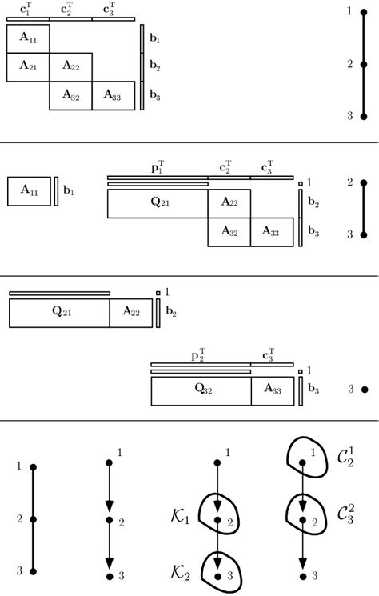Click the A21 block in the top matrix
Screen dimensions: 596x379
point(28,67)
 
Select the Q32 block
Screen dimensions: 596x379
point(201,390)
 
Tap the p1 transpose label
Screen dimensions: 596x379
point(158,169)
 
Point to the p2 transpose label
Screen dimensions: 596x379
point(201,355)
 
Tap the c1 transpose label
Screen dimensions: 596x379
point(27,10)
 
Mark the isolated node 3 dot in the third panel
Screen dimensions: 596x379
point(364,390)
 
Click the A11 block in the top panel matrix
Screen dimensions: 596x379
point(28,38)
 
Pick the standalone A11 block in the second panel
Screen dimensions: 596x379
point(30,191)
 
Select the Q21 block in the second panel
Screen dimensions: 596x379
point(158,204)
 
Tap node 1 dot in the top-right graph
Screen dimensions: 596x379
point(364,11)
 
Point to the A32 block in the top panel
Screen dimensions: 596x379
point(70,96)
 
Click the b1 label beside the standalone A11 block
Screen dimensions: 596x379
point(69,192)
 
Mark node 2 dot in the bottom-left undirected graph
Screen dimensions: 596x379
point(33,519)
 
